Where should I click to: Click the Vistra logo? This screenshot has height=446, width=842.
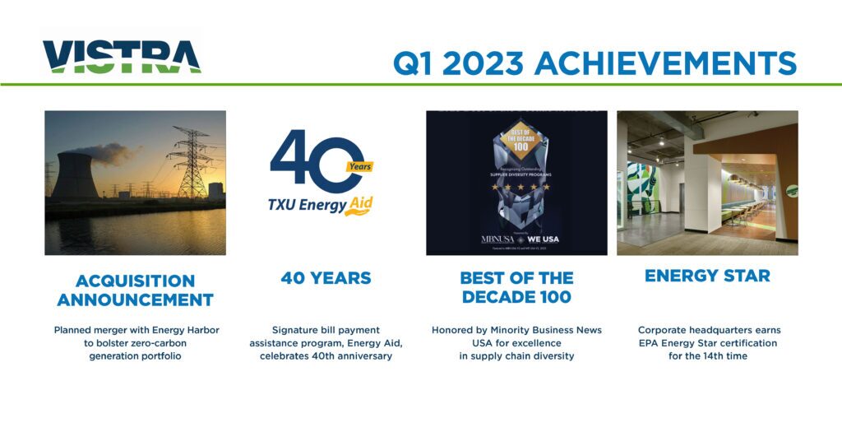[x=121, y=57]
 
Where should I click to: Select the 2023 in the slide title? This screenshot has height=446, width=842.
[x=477, y=63]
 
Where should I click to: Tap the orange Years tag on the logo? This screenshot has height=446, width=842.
[x=359, y=166]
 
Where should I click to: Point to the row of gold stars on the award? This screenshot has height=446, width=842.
[x=516, y=187]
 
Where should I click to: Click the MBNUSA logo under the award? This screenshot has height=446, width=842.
[x=497, y=239]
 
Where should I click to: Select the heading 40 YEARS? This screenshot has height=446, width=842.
[x=326, y=278]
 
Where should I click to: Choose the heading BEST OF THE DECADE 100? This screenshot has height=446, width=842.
[x=516, y=287]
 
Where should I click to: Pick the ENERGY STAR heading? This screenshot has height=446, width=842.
[x=707, y=276]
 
